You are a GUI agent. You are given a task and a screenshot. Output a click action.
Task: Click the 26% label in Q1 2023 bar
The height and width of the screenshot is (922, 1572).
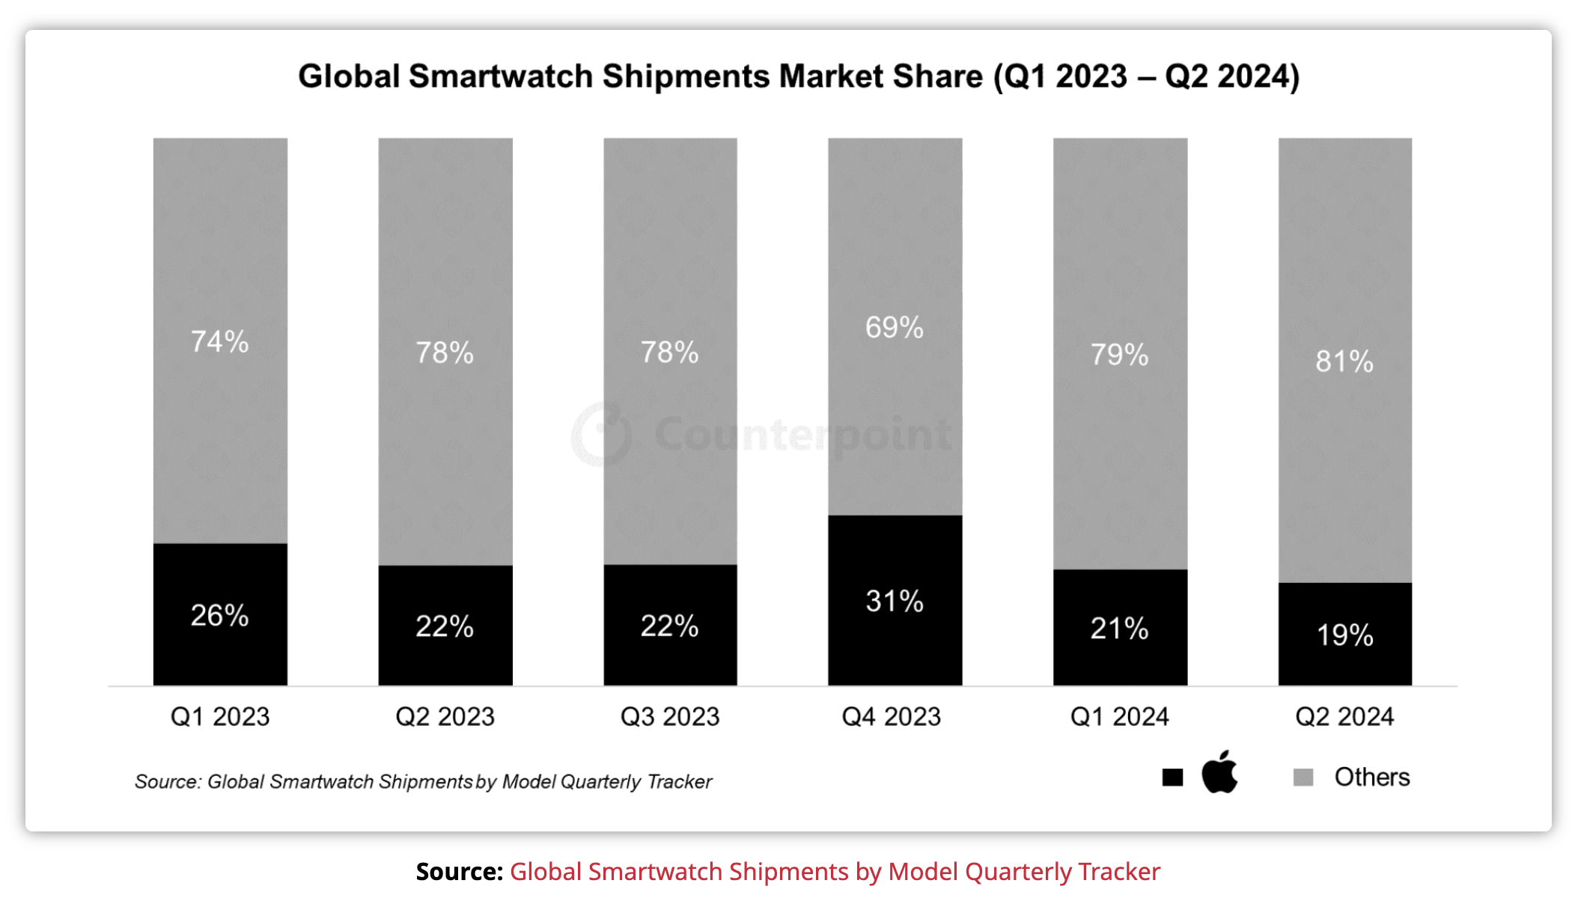219,615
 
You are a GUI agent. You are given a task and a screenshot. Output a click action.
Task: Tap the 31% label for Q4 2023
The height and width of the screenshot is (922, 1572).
895,601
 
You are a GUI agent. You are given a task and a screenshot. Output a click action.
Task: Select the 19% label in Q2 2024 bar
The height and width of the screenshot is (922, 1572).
1344,635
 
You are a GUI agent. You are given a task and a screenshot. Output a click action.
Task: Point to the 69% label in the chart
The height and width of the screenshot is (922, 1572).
895,327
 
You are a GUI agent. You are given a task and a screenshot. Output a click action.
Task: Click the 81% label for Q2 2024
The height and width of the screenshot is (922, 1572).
1344,361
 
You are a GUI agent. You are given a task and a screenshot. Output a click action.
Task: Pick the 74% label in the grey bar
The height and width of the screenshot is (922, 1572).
219,341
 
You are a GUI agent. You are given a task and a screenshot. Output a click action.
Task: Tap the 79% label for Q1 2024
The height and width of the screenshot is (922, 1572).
1119,355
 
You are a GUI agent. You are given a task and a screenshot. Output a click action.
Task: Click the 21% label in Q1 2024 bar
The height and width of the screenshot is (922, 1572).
1119,629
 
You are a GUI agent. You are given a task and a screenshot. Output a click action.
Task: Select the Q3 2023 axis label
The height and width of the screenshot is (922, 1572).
670,717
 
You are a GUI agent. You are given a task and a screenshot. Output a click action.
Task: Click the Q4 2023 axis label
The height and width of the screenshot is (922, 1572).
891,717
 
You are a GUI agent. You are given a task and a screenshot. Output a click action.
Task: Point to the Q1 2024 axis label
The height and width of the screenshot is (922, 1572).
1119,717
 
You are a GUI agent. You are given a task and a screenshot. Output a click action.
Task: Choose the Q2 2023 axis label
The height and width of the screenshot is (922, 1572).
445,717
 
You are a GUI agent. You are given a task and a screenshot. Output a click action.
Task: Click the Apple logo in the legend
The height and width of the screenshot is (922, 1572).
1219,773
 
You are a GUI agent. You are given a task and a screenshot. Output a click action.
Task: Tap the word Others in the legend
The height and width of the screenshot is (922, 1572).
1371,778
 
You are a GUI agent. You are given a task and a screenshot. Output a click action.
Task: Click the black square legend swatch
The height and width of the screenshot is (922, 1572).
1172,778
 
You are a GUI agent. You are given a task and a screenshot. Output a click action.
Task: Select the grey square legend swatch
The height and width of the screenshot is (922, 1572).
1303,778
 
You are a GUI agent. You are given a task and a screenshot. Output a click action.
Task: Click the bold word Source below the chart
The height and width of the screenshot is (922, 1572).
459,872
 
